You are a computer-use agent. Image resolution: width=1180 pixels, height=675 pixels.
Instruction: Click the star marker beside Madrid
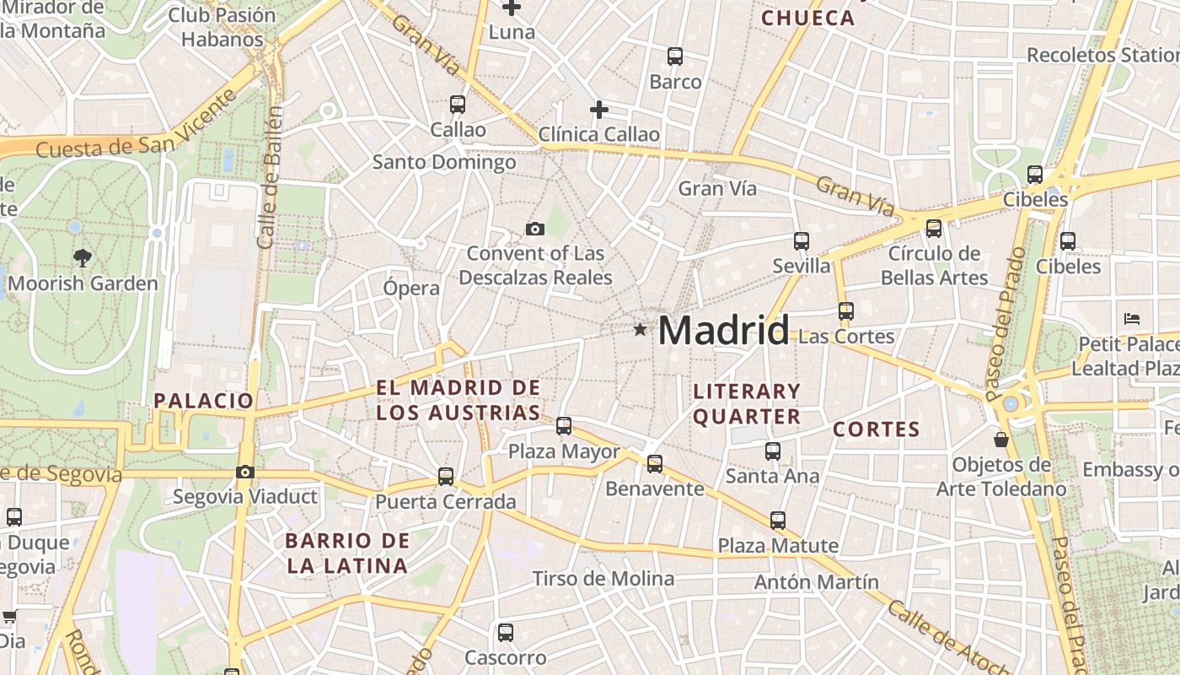coord(641,329)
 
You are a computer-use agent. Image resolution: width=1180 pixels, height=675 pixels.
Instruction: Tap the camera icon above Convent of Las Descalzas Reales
coord(534,229)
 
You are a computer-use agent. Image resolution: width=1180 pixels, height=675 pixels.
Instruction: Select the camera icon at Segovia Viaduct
coord(245,472)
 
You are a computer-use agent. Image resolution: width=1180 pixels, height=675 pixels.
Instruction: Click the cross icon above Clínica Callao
coord(598,110)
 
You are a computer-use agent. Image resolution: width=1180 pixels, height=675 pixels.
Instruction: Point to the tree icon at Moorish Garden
coord(82,257)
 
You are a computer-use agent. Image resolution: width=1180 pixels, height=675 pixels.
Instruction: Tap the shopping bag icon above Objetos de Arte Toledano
coord(1001,440)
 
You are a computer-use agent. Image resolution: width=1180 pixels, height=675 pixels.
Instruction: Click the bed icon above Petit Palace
coord(1132,319)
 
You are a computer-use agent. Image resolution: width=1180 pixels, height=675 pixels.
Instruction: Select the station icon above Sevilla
coord(802,241)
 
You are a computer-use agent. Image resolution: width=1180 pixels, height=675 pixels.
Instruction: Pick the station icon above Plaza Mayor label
coord(564,426)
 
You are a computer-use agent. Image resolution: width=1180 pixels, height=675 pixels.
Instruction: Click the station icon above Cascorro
coord(506,632)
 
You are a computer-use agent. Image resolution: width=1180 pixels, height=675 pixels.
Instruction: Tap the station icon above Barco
coord(675,57)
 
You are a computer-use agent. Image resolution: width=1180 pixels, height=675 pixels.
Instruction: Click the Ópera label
coord(411,288)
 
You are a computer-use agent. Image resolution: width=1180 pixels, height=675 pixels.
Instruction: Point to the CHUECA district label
coord(807,18)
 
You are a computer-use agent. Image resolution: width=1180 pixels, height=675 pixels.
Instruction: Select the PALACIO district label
coord(203,401)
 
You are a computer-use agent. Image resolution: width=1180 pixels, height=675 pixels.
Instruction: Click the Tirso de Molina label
coord(603,579)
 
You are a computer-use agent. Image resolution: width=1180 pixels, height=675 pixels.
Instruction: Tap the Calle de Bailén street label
coord(270,177)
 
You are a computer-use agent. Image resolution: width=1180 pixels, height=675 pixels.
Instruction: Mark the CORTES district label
coord(877,429)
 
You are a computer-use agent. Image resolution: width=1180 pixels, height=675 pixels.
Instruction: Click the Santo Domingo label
coord(444,162)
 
